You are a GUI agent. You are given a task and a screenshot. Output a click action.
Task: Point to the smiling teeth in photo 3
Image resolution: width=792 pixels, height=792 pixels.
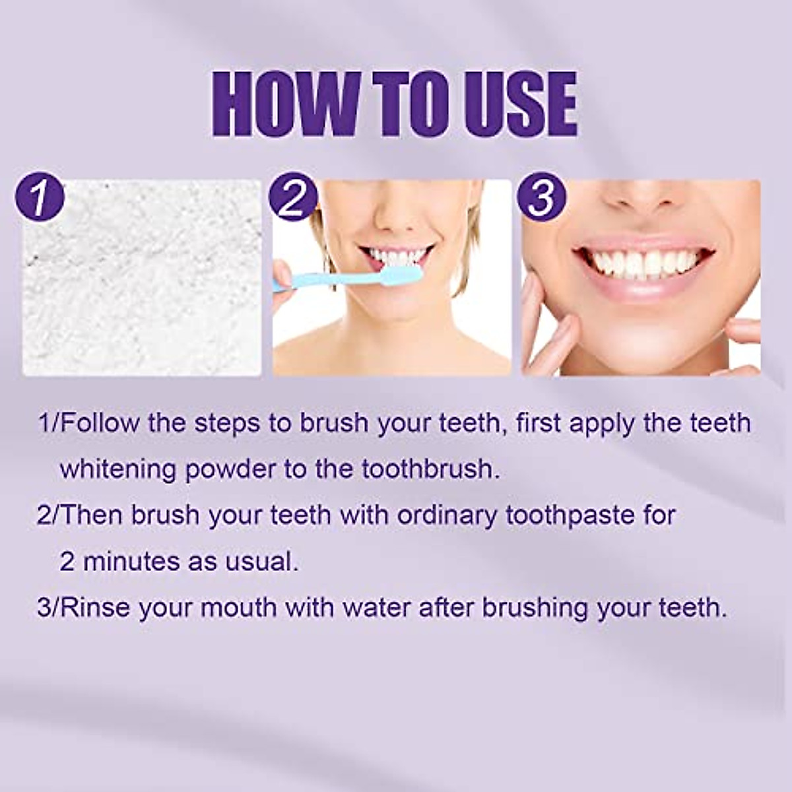point(643,262)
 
